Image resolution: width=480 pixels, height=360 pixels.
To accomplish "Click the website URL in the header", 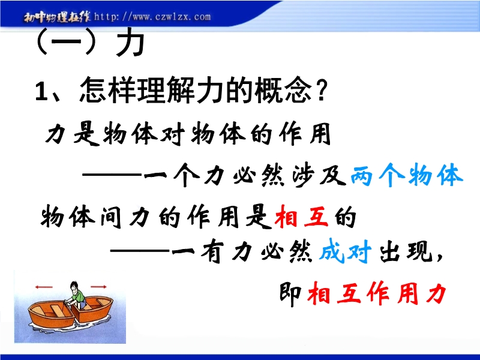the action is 152,17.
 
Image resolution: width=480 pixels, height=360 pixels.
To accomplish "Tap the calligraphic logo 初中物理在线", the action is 57,17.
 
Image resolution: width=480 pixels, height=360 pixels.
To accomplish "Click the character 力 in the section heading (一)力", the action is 130,42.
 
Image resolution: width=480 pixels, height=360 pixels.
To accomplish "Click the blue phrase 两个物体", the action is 407,175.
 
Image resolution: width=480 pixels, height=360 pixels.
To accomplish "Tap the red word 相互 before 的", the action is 301,217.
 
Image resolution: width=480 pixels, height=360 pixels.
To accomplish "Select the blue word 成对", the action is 346,251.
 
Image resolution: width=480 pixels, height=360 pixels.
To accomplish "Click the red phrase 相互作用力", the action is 377,293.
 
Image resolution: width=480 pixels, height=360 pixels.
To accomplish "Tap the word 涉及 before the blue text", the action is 319,175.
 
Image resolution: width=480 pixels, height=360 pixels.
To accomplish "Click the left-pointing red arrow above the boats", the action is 44,287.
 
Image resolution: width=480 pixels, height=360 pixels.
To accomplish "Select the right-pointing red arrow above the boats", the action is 98,287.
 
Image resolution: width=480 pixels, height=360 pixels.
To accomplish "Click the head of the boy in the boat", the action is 74,287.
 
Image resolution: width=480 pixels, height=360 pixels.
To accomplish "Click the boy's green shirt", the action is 80,296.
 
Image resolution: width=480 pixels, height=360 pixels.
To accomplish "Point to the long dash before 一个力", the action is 112,175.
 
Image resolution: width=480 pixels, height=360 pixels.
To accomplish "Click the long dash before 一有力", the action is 140,251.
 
